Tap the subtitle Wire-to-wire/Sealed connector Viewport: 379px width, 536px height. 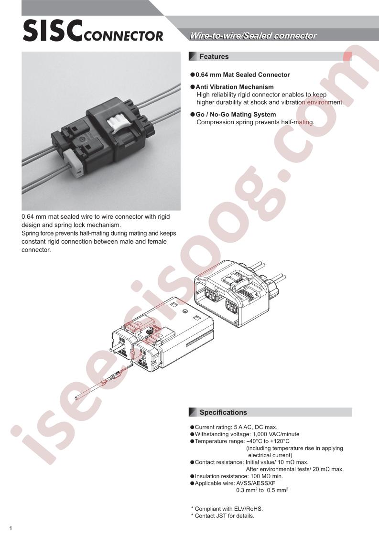point(253,36)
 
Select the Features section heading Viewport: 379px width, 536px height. point(214,57)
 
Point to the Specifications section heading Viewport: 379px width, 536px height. point(223,412)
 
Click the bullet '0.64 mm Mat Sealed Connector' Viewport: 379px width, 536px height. point(242,75)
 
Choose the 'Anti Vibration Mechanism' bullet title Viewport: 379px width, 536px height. point(235,87)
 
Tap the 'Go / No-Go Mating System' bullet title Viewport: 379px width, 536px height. point(236,115)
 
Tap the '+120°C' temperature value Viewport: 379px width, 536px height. point(280,441)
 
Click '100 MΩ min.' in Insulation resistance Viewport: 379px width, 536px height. point(267,476)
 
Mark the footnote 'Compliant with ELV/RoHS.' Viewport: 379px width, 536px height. point(229,509)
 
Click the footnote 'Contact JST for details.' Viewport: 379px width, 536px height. point(225,516)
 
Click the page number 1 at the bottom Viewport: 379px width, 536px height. point(11,528)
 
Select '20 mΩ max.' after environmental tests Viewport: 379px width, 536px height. point(328,469)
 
